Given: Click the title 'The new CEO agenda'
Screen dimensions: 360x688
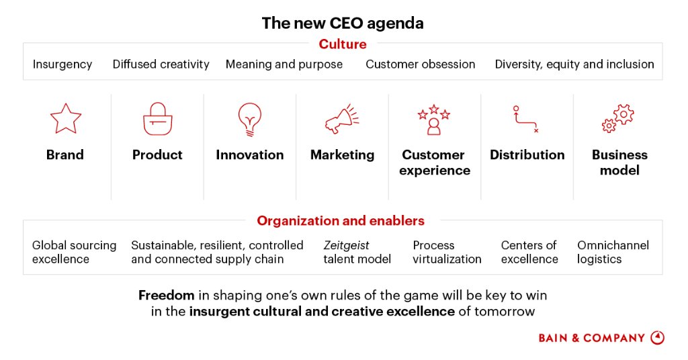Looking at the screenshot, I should pos(343,24).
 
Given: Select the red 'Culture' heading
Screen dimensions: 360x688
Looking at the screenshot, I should pos(343,44).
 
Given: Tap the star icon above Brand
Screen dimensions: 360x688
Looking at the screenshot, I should pos(65,119).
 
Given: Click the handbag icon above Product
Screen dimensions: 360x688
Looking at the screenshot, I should pos(158,119).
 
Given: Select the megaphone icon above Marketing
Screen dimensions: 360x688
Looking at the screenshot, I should pos(342,120).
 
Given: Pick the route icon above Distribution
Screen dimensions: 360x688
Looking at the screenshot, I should pos(525,119).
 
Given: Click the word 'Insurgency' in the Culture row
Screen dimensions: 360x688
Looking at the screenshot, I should pos(62,64).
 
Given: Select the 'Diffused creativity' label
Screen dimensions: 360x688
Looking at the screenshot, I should pos(161,64).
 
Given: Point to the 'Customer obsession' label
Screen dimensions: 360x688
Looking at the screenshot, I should pos(420,64).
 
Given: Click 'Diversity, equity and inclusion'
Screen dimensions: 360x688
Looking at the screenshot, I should pos(574,64).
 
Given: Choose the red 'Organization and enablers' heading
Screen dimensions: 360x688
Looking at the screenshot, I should pos(341,221).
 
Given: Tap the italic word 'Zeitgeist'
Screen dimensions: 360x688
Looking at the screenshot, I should pos(346,245).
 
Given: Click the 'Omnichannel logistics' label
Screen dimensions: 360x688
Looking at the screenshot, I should pos(613,252).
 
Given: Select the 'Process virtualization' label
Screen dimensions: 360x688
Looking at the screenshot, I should pos(447,252).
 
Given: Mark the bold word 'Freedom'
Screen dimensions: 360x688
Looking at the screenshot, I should pos(166,296).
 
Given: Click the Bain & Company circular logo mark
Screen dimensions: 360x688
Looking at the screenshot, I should pos(658,338).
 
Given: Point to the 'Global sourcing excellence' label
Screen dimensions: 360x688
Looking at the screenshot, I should pos(74,252).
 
